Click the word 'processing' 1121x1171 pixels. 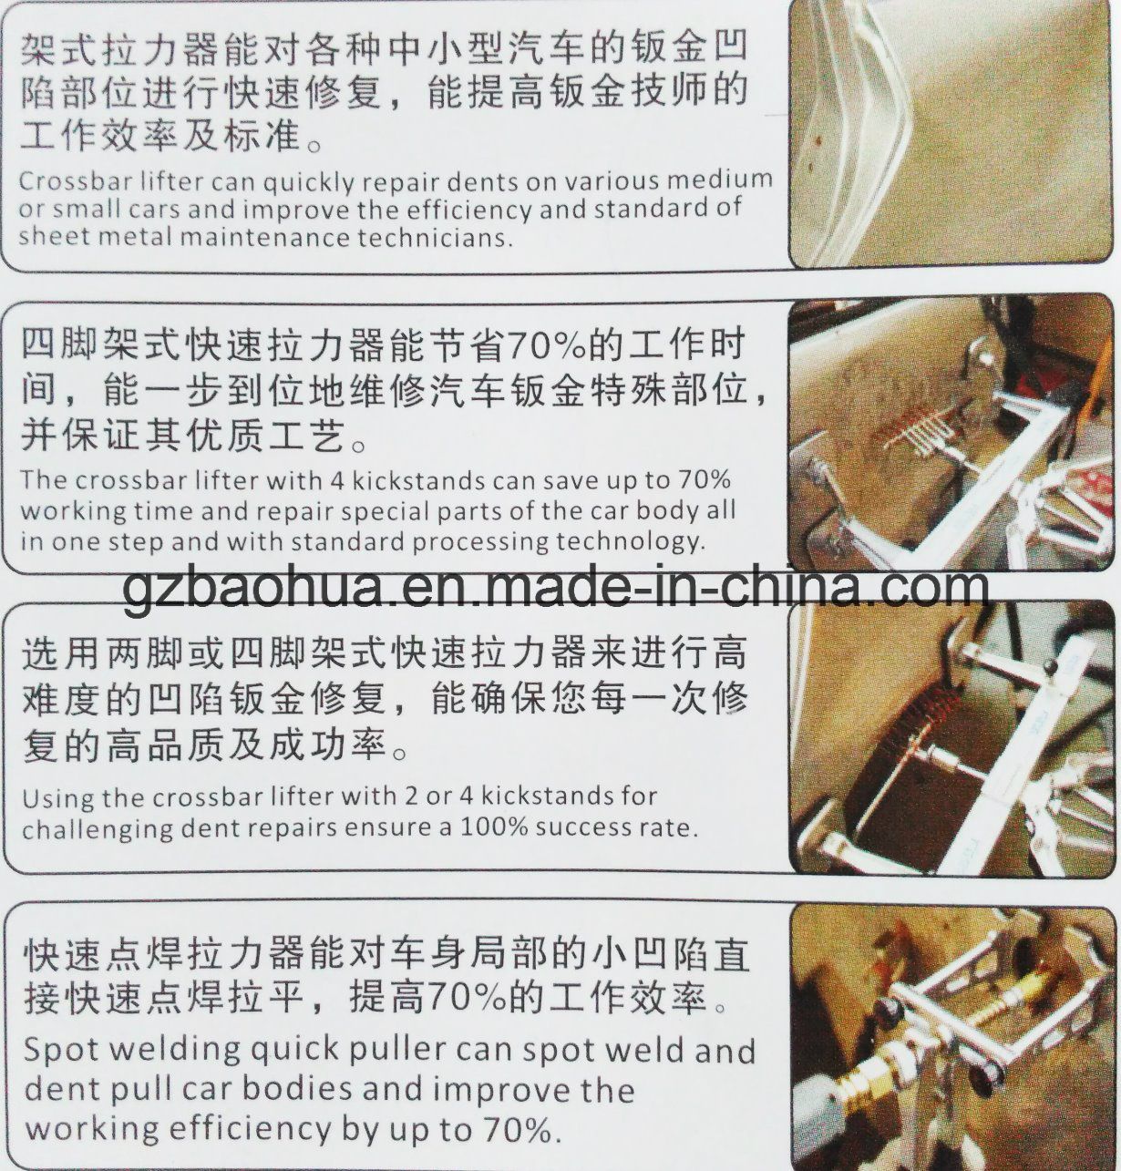coord(480,542)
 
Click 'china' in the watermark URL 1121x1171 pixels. coord(791,587)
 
